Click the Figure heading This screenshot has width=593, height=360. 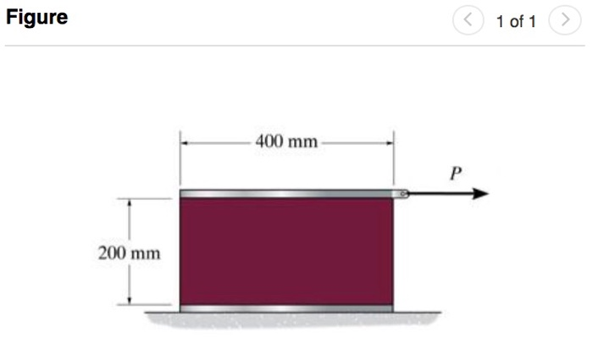click(x=36, y=18)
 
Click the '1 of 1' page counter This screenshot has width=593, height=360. click(x=516, y=21)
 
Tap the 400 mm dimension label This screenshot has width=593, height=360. click(x=286, y=141)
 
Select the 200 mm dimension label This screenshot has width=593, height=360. click(x=128, y=252)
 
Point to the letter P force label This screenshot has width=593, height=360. click(x=455, y=174)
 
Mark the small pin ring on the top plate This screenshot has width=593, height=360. click(x=403, y=195)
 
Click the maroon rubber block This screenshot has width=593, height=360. click(x=286, y=252)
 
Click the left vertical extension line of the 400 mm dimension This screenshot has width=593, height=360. click(x=180, y=158)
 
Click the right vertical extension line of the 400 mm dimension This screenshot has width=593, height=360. click(x=393, y=158)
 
